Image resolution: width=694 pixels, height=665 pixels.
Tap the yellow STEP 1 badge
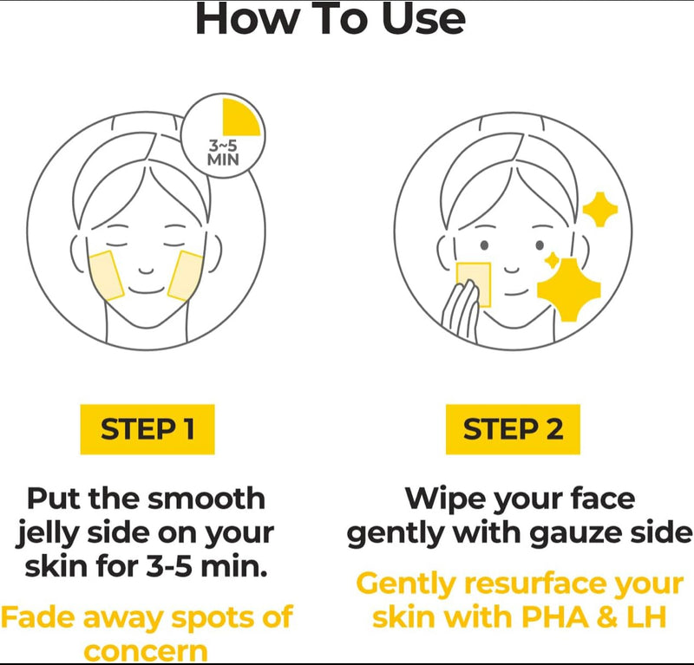[x=147, y=429]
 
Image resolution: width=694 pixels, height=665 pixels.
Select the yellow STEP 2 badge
[x=513, y=429]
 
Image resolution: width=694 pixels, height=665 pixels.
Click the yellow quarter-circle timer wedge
[x=239, y=120]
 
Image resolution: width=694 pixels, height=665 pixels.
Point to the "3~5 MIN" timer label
[x=223, y=153]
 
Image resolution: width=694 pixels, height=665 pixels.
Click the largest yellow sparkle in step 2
[x=569, y=290]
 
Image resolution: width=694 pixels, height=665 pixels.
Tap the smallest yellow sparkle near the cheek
[x=552, y=261]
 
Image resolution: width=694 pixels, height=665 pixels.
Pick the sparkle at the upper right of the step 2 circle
[x=600, y=209]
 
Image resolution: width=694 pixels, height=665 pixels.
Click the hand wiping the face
[x=462, y=311]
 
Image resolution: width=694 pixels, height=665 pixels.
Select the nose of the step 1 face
[x=146, y=271]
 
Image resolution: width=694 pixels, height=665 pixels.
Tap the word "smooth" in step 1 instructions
[x=206, y=499]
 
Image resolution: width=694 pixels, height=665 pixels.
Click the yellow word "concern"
[x=146, y=652]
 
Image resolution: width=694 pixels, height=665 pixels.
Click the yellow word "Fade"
[x=38, y=616]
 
